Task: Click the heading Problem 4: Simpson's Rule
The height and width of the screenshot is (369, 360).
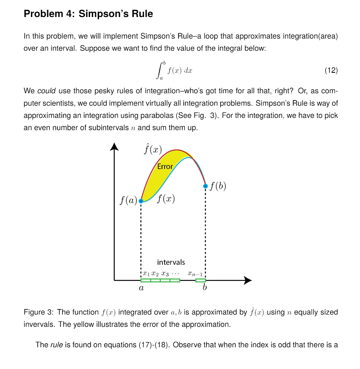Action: (x=88, y=14)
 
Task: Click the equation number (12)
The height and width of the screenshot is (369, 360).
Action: (x=331, y=71)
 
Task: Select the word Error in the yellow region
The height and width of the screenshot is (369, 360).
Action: (x=165, y=166)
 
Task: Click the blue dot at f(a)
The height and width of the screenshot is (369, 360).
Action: (x=141, y=201)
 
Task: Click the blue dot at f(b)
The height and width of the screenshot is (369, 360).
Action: (x=205, y=186)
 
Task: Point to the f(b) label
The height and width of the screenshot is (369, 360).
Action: (x=218, y=186)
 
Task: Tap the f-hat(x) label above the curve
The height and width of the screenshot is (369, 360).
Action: (x=152, y=149)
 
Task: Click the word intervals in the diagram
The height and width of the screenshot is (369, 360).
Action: (x=171, y=262)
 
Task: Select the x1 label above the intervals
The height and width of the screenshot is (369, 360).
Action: (x=146, y=273)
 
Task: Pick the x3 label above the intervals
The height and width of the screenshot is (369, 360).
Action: (x=165, y=273)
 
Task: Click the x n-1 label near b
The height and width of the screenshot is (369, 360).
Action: (x=196, y=274)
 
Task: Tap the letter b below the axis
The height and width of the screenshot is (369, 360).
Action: (x=205, y=288)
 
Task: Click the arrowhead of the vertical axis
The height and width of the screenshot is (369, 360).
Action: (x=114, y=146)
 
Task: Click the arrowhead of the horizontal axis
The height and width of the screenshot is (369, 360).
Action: (x=247, y=280)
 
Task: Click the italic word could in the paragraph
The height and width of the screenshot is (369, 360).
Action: (x=46, y=91)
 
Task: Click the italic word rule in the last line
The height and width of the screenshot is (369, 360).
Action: (x=56, y=345)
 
